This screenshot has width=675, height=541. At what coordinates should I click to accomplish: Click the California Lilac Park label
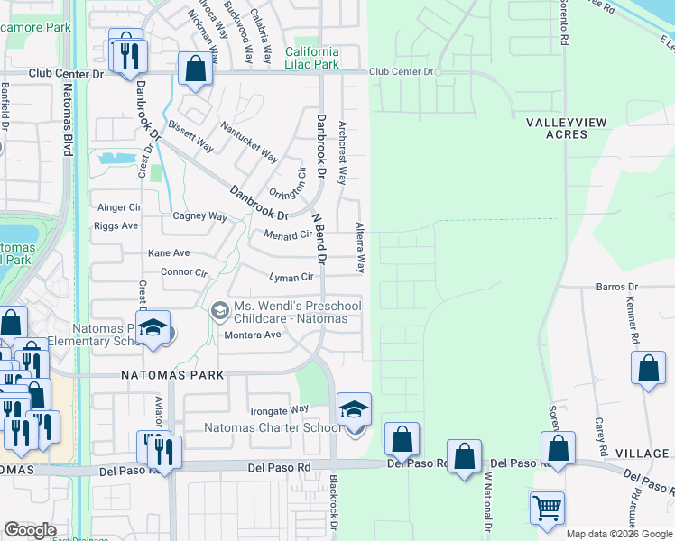(x=312, y=59)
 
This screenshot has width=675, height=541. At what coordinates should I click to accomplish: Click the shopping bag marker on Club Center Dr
(x=195, y=69)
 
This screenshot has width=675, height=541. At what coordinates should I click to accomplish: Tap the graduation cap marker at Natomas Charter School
(x=354, y=408)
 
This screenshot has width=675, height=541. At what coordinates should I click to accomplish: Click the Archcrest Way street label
(x=342, y=153)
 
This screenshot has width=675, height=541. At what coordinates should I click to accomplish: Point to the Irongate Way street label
(x=280, y=409)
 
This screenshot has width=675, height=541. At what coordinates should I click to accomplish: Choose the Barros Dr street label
(x=617, y=287)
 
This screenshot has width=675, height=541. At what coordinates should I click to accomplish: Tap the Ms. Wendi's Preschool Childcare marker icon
(x=219, y=312)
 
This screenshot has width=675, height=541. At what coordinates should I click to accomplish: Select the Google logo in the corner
(x=30, y=530)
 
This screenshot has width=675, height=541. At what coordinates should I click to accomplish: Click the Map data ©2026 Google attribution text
(x=619, y=534)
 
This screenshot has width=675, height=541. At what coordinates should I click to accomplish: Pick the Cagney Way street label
(x=199, y=216)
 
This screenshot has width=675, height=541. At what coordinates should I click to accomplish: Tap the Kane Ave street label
(x=169, y=253)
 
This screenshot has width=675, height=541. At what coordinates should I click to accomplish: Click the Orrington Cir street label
(x=289, y=185)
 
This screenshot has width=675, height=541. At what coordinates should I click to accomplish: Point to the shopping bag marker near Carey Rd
(x=648, y=368)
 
